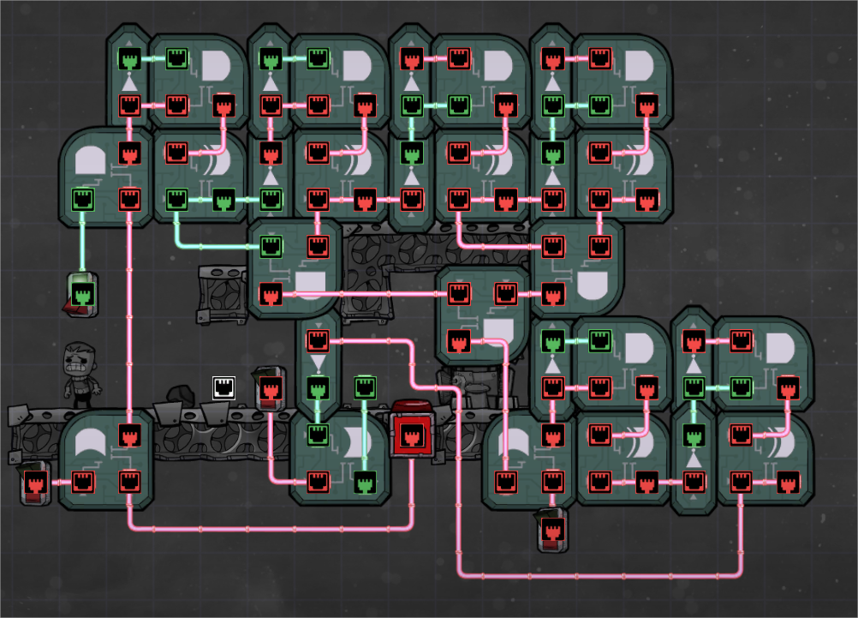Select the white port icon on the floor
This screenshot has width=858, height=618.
click(x=224, y=387)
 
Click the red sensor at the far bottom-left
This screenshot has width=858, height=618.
click(x=35, y=484)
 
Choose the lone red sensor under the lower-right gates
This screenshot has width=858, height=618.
click(x=551, y=531)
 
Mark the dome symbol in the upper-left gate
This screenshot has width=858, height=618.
click(x=90, y=161)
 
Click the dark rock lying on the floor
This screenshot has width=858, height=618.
click(x=182, y=393)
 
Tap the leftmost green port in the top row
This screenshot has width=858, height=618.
click(x=129, y=59)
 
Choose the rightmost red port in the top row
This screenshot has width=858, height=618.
click(x=600, y=59)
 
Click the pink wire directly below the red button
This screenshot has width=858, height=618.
click(x=411, y=489)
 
